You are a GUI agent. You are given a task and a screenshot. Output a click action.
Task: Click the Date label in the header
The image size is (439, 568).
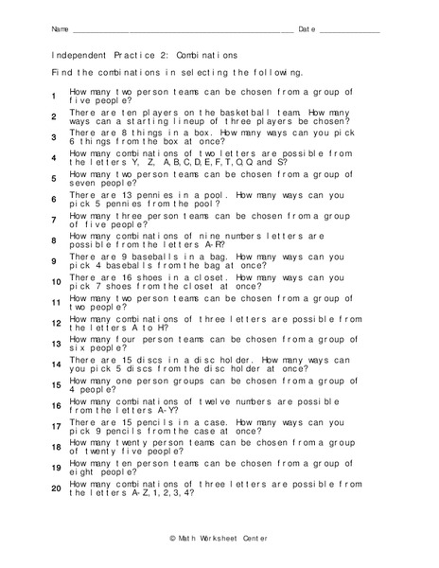(x=307, y=30)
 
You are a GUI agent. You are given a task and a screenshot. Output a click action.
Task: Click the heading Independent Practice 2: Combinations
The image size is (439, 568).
(x=145, y=55)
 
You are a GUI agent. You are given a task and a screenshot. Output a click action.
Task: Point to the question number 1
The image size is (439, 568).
(x=55, y=97)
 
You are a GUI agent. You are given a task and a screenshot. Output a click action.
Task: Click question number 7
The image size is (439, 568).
(x=55, y=221)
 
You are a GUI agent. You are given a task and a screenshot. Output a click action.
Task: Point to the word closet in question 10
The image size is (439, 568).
(x=205, y=277)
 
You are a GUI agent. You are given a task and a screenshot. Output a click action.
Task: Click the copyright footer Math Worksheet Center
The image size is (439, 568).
(x=219, y=539)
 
